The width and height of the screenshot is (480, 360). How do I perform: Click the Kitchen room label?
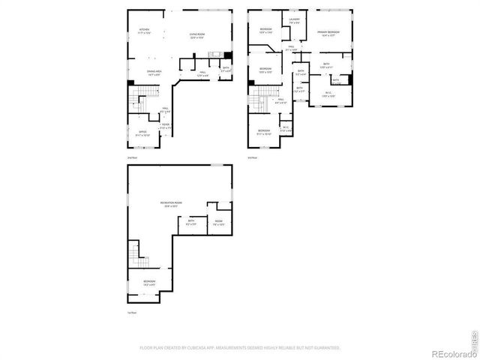[145, 31]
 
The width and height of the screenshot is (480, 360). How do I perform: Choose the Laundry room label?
[295, 22]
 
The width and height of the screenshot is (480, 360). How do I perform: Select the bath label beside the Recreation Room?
[190, 221]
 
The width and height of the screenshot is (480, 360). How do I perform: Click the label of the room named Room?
[218, 223]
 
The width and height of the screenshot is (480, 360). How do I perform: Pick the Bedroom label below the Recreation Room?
[150, 283]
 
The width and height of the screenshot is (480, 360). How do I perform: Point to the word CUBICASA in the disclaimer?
[218, 348]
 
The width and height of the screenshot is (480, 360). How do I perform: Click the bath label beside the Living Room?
[226, 70]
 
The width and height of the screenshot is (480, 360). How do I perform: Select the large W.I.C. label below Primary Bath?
[328, 94]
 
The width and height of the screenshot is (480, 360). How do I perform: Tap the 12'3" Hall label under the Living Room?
[202, 74]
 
